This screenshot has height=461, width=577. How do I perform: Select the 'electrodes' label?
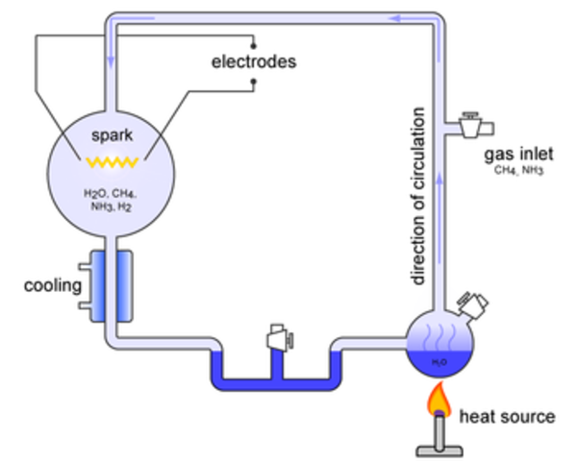[x=253, y=62]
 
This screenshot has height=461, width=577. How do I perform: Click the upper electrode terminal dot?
[x=253, y=44]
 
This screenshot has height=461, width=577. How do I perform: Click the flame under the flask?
[x=439, y=397]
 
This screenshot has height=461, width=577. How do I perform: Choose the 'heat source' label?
[x=507, y=417]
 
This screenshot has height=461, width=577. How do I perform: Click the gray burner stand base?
[x=439, y=448]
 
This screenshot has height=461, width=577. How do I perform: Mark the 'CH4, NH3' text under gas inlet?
[x=520, y=172]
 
